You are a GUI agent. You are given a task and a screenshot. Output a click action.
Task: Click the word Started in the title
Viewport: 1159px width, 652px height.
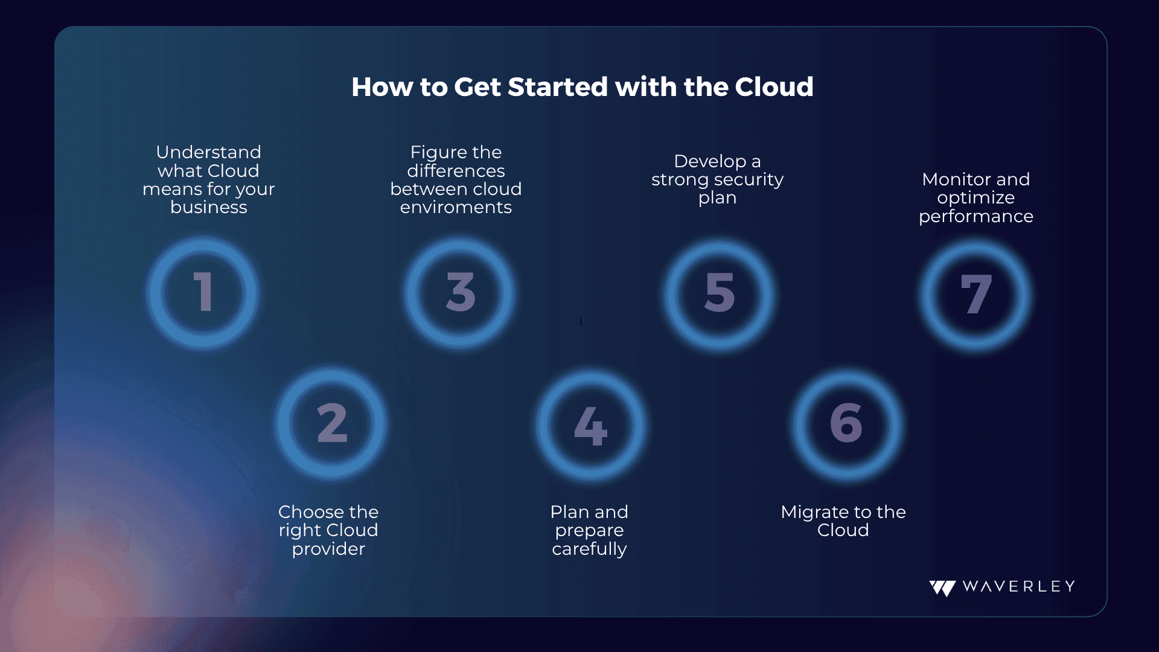click(x=558, y=87)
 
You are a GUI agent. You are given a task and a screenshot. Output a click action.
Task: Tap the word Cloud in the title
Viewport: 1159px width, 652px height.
click(x=774, y=87)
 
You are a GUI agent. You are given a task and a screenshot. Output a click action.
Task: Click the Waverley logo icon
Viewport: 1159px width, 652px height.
click(x=942, y=588)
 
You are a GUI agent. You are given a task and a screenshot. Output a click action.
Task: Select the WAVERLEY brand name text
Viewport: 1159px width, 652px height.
click(x=1019, y=587)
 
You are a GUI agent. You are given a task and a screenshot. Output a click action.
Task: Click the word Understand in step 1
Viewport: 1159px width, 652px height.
click(x=209, y=152)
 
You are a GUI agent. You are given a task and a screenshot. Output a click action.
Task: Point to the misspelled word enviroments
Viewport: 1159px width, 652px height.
click(x=456, y=208)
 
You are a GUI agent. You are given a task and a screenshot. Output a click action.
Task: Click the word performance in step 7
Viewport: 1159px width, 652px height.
click(x=976, y=217)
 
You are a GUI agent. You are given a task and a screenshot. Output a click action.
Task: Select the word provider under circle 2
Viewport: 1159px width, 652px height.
click(x=329, y=549)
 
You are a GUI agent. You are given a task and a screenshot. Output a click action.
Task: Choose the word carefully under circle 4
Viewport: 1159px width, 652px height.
click(x=590, y=549)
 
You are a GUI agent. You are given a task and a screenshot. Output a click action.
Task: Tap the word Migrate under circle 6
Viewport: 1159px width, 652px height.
click(x=815, y=513)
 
